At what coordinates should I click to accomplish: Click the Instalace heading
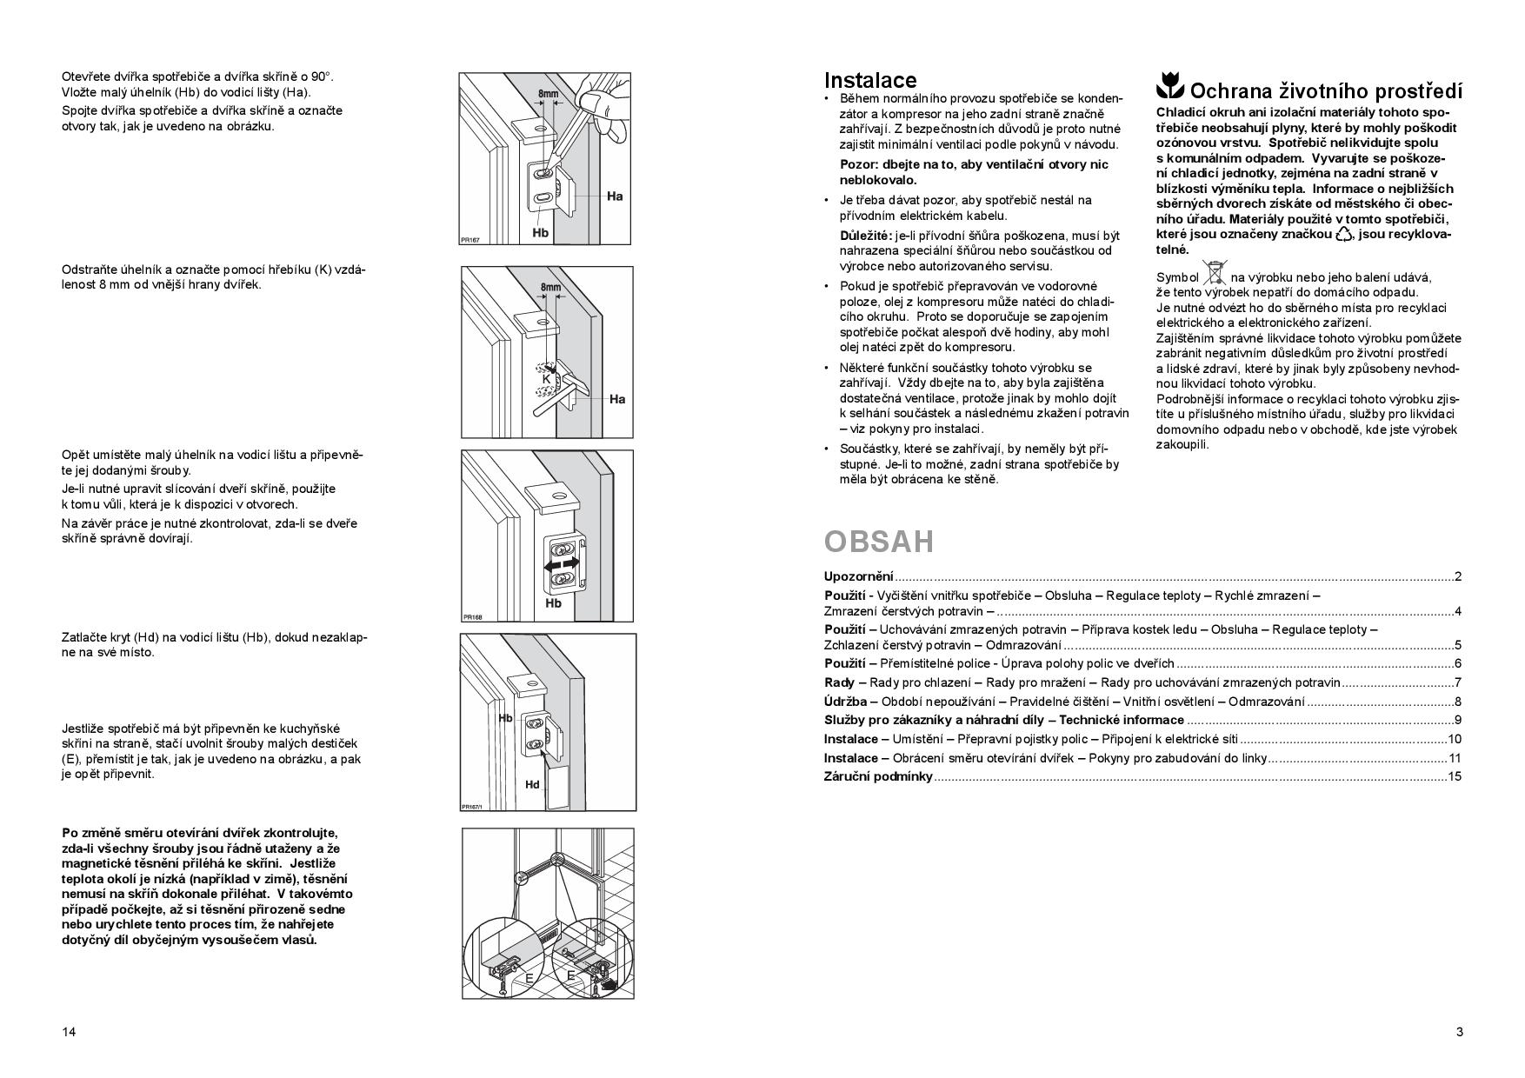pyautogui.click(x=869, y=81)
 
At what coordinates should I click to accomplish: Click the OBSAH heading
pyautogui.click(x=878, y=542)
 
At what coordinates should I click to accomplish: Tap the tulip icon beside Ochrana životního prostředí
pyautogui.click(x=1170, y=87)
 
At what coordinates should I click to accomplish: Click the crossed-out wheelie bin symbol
pyautogui.click(x=1215, y=273)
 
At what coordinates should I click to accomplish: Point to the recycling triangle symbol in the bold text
pyautogui.click(x=1344, y=234)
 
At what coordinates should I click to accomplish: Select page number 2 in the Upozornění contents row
pyautogui.click(x=1458, y=576)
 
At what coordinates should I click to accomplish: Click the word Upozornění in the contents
pyautogui.click(x=859, y=576)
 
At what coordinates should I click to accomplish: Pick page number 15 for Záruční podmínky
pyautogui.click(x=1455, y=776)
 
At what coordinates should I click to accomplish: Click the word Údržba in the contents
pyautogui.click(x=845, y=702)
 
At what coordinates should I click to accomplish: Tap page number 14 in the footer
pyautogui.click(x=69, y=1032)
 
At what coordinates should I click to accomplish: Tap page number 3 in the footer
pyautogui.click(x=1459, y=1032)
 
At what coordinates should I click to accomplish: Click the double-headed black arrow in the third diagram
pyautogui.click(x=561, y=565)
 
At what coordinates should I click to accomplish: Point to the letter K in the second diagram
pyautogui.click(x=546, y=379)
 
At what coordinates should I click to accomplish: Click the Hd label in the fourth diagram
pyautogui.click(x=532, y=784)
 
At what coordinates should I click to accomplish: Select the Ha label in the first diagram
pyautogui.click(x=615, y=196)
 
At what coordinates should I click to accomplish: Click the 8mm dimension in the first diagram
pyautogui.click(x=549, y=94)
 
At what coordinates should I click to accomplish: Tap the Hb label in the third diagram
pyautogui.click(x=554, y=602)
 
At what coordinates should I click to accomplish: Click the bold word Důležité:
pyautogui.click(x=866, y=236)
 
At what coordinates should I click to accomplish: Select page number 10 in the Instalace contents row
pyautogui.click(x=1455, y=739)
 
